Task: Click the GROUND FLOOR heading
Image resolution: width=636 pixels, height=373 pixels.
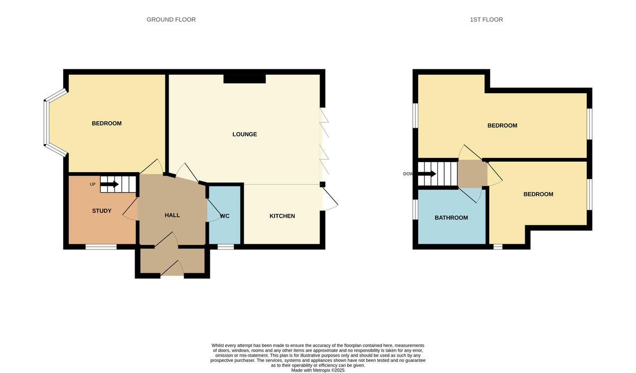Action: pos(171,20)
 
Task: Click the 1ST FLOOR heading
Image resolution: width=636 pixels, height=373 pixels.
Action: pos(486,20)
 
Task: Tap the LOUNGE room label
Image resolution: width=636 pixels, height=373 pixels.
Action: pos(244,134)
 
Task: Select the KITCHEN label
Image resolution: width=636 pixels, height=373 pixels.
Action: pos(282,216)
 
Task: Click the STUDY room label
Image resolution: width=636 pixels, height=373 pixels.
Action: pos(102,211)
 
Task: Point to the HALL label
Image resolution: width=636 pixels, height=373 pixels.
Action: pos(172,215)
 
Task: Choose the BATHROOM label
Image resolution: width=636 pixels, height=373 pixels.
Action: pos(451,218)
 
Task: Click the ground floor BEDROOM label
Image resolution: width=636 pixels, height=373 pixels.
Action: pos(107,123)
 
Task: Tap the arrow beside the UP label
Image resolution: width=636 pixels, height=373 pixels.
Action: pos(109,184)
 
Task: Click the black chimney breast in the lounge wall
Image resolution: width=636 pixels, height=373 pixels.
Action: pos(244,78)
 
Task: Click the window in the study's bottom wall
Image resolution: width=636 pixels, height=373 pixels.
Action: pos(101,246)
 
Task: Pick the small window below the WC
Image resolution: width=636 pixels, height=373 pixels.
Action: pos(226,246)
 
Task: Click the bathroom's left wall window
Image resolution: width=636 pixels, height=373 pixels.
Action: pos(416,209)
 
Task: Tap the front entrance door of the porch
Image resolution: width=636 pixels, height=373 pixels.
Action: pos(172,271)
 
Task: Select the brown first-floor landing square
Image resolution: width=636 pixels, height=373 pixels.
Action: pos(472,173)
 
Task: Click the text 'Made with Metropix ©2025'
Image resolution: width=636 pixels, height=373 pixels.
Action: pos(318,370)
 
